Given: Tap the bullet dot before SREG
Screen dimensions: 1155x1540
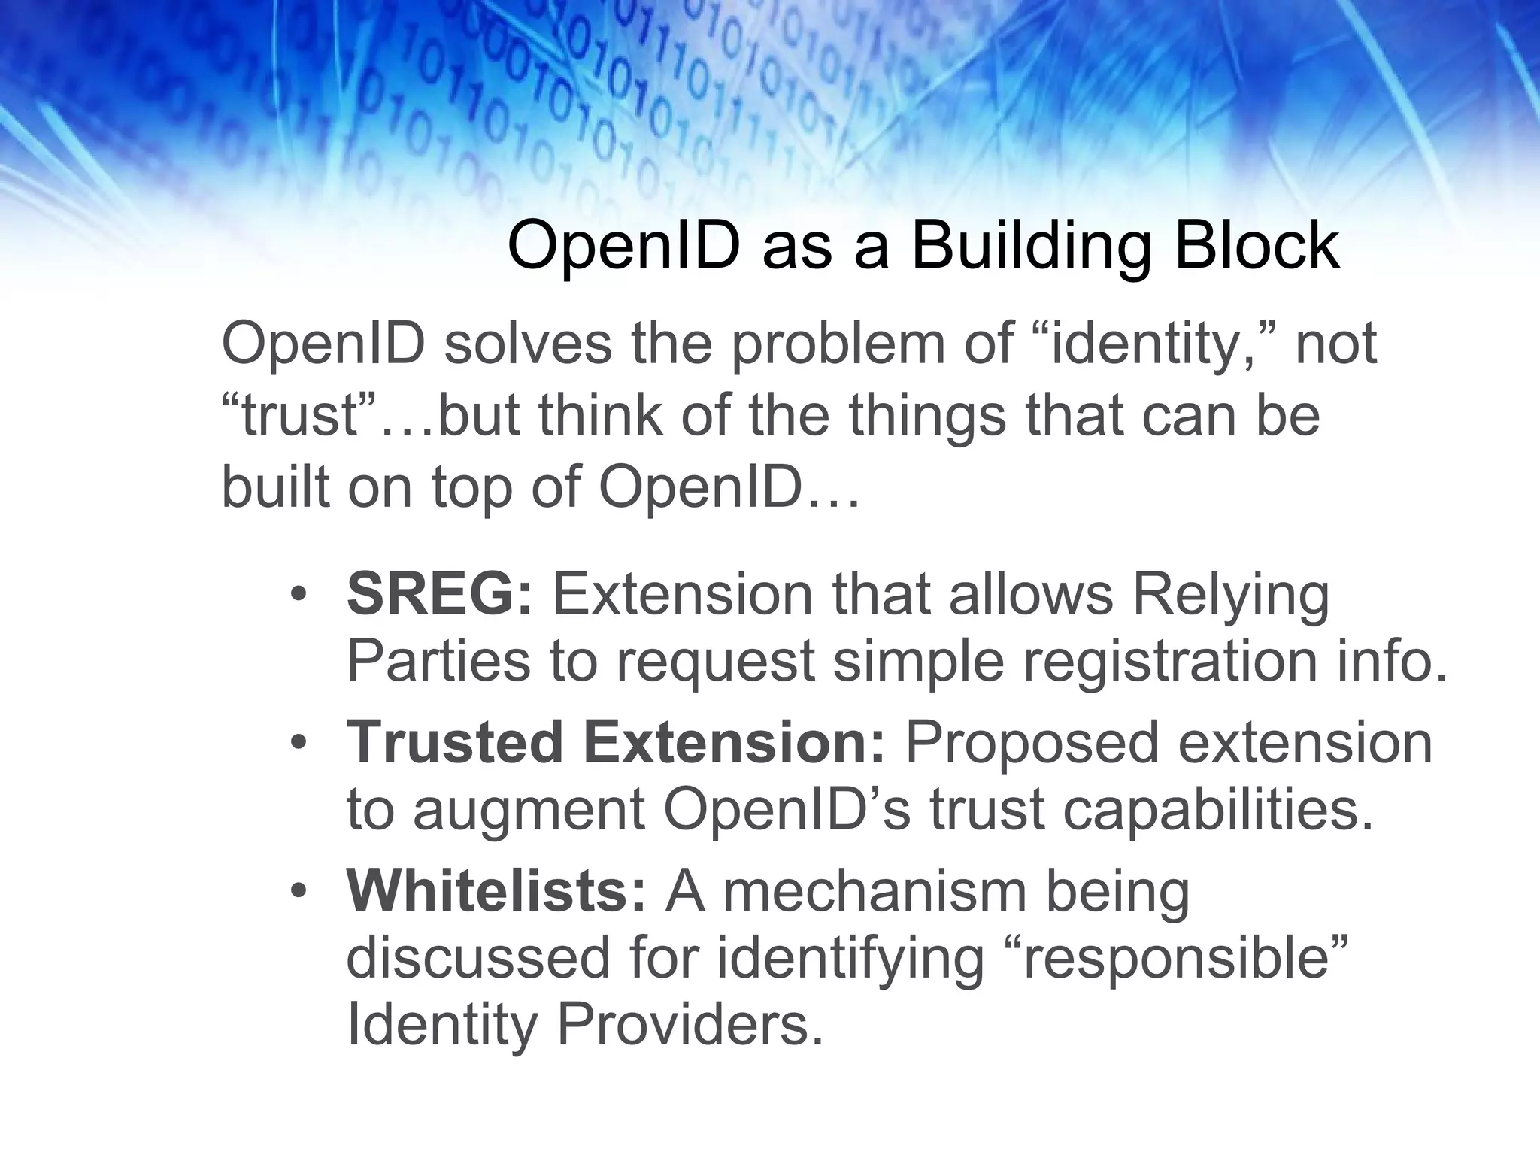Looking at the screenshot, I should point(299,594).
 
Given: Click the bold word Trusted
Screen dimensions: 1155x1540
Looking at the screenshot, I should point(455,741).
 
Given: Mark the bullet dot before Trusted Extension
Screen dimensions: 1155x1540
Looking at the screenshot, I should point(299,742).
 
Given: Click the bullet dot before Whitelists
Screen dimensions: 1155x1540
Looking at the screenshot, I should point(299,891).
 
